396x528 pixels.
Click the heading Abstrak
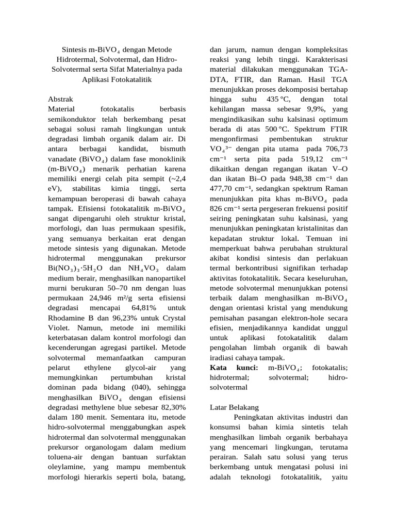click(x=61, y=98)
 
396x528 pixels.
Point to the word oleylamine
click(x=65, y=466)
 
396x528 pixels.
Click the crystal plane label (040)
click(x=131, y=387)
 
